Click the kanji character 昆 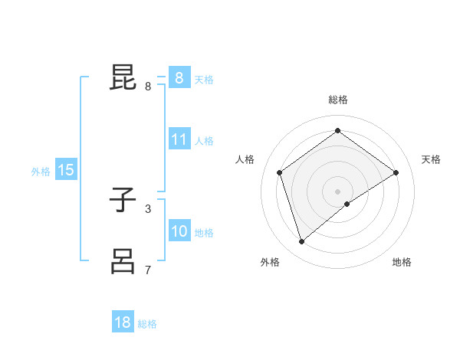[123, 77]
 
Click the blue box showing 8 [179, 78]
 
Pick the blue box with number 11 [179, 140]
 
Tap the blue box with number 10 [179, 232]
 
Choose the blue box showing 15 [66, 171]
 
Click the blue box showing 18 [123, 322]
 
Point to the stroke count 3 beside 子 [148, 208]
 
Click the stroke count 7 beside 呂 [148, 270]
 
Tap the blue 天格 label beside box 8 [204, 79]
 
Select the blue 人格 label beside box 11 [204, 141]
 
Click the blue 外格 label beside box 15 [41, 172]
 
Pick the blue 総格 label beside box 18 [147, 324]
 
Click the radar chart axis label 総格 [337, 100]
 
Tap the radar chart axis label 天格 [431, 159]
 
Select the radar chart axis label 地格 [402, 262]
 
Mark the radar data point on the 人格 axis [280, 172]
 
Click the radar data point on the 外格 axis [302, 242]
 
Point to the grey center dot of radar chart [337, 191]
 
